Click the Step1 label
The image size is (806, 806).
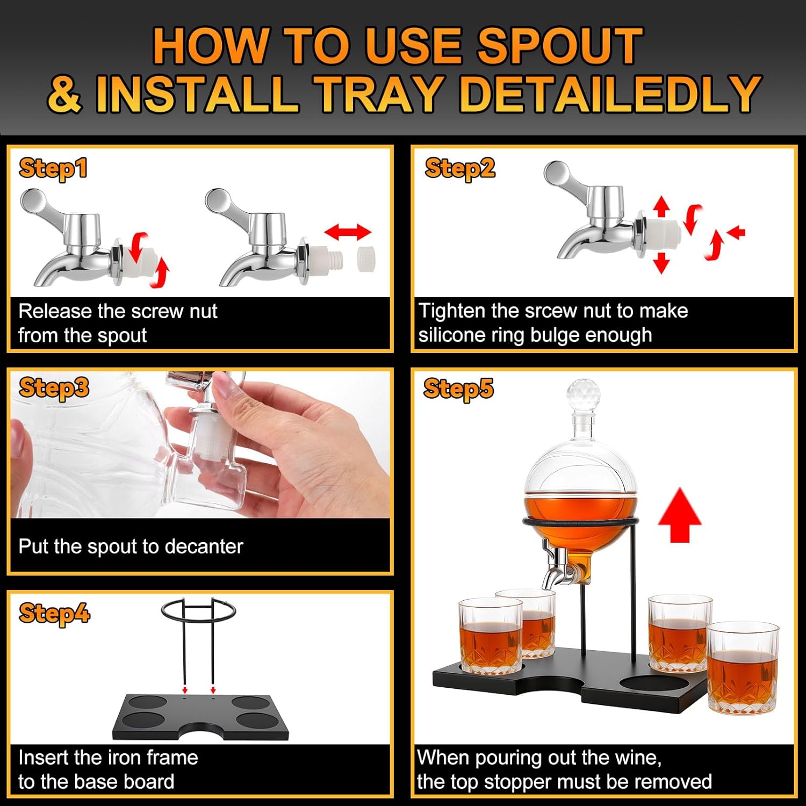click(53, 168)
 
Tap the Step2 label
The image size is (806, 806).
click(459, 168)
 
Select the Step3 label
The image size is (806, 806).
click(54, 387)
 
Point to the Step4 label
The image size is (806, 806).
click(54, 613)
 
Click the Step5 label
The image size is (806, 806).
click(458, 388)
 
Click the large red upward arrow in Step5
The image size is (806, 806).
click(679, 514)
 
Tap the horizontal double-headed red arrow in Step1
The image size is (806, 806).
click(348, 233)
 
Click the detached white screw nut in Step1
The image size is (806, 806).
click(365, 258)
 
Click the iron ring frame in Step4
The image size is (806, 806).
click(198, 610)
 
